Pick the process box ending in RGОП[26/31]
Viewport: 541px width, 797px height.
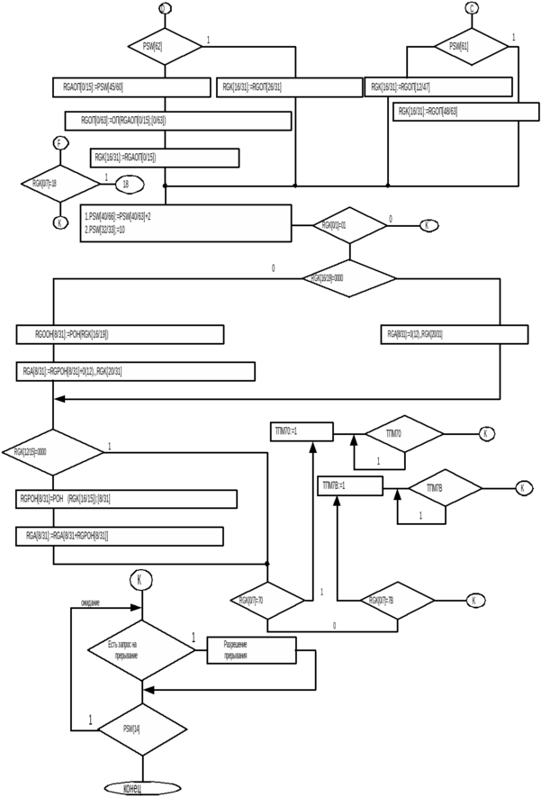(288, 87)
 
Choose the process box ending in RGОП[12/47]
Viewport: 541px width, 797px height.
(439, 87)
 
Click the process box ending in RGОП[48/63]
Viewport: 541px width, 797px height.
(459, 112)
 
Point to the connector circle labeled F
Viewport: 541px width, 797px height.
(60, 144)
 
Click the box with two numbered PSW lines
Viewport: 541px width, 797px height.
(185, 222)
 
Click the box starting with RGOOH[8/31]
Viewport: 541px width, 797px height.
(120, 334)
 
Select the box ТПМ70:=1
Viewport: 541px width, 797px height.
(302, 432)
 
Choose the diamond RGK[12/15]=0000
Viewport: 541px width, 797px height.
(54, 451)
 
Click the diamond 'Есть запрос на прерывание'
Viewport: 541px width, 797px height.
(140, 649)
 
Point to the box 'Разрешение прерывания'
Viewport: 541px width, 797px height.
(251, 650)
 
